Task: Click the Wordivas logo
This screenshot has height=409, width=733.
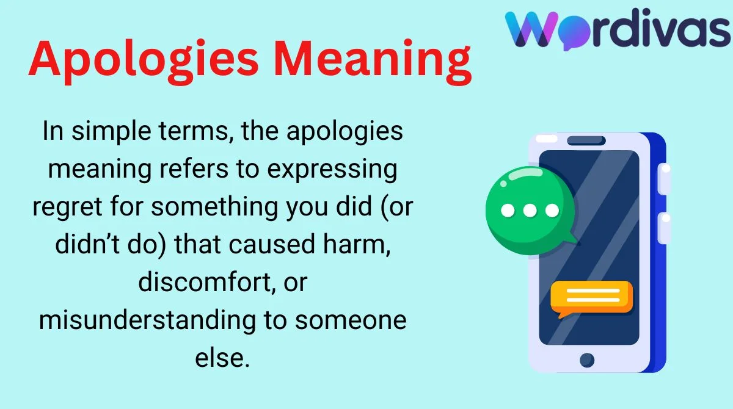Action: (618, 29)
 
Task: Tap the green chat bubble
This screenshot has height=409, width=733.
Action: (530, 210)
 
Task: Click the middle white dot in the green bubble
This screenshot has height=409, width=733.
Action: (530, 211)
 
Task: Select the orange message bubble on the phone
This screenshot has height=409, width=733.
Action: (591, 298)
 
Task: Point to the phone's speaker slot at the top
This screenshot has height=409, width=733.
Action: (586, 140)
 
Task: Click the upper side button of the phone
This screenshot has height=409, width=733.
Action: (665, 179)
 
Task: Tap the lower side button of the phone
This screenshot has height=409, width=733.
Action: (665, 228)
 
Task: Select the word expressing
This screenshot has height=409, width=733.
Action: (332, 169)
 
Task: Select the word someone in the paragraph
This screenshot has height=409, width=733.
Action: (351, 320)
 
